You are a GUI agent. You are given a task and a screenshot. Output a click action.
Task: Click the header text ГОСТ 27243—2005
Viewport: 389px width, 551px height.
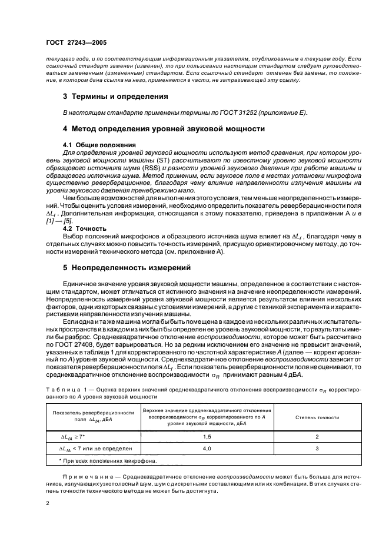[77, 43]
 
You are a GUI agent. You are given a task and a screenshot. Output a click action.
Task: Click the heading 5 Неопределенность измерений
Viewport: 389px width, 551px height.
[127, 267]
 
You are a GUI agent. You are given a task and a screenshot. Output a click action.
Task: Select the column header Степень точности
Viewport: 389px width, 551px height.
[316, 417]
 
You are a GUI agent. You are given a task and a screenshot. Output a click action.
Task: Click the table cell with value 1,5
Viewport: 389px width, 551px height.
[207, 436]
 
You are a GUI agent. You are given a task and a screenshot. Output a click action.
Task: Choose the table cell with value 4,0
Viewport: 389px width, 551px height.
[207, 449]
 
